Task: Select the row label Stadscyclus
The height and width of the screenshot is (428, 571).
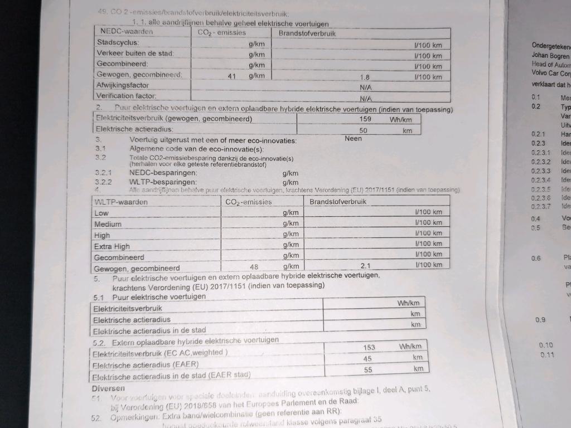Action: pyautogui.click(x=118, y=42)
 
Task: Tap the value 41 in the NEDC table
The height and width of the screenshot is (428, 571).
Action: pyautogui.click(x=234, y=75)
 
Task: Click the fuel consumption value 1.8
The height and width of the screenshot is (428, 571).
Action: pyautogui.click(x=365, y=77)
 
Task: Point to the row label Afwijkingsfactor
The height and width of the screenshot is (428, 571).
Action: pyautogui.click(x=123, y=85)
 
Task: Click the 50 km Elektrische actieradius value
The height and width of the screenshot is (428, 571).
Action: pyautogui.click(x=364, y=130)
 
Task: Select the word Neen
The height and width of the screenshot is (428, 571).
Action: pyautogui.click(x=353, y=138)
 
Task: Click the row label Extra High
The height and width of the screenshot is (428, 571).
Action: pyautogui.click(x=112, y=246)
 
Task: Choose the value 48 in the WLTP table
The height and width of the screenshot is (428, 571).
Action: pyautogui.click(x=254, y=266)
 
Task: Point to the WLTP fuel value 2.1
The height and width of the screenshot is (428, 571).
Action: pyautogui.click(x=366, y=265)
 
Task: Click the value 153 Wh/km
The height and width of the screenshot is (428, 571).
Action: pyautogui.click(x=369, y=347)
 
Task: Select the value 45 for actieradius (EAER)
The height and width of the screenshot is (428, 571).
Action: pyautogui.click(x=367, y=358)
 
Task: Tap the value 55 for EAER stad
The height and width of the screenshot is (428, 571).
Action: pyautogui.click(x=367, y=369)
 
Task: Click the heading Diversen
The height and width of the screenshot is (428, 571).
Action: pyautogui.click(x=108, y=387)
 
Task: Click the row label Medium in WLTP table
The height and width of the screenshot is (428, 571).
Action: pyautogui.click(x=108, y=224)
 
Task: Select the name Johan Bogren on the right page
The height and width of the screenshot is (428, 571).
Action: pyautogui.click(x=550, y=56)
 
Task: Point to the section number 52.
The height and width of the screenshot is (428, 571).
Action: pyautogui.click(x=95, y=417)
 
